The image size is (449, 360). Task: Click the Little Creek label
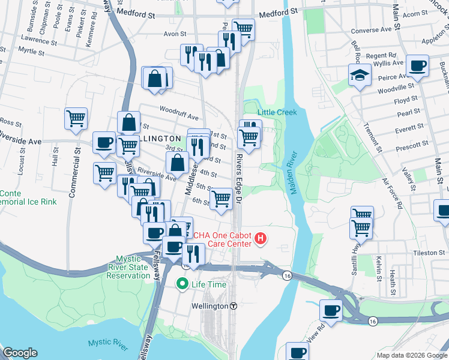click(277, 112)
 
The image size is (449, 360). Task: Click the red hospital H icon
click(261, 239)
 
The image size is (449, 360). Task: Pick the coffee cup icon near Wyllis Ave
click(417, 65)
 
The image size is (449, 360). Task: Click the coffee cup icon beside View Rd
click(331, 310)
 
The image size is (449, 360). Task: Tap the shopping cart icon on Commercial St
click(76, 118)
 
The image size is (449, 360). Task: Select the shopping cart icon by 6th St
click(222, 199)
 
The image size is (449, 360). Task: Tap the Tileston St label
click(429, 253)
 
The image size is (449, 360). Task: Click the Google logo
click(20, 353)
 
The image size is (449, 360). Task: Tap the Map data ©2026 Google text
click(411, 355)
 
